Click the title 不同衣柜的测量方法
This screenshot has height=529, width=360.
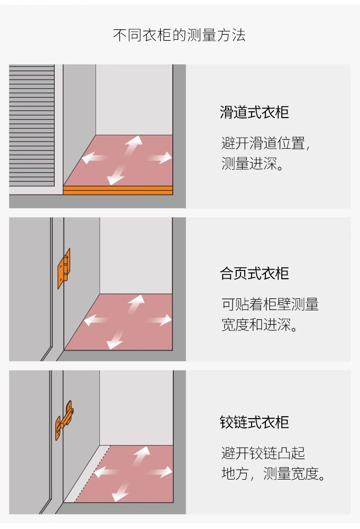tap(179, 35)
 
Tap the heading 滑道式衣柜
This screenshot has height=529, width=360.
tap(254, 113)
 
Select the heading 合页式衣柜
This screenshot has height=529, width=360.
tap(254, 273)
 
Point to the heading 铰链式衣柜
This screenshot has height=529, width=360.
tap(254, 423)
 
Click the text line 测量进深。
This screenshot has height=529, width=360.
tap(252, 165)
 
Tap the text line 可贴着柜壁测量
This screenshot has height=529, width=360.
tap(270, 304)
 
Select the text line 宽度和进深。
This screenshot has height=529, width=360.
tap(259, 325)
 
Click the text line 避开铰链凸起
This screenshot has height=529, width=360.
tap(263, 453)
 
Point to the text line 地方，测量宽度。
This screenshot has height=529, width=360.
tap(274, 474)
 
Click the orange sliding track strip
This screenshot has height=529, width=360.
tap(118, 190)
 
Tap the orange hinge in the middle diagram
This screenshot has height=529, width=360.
tap(64, 268)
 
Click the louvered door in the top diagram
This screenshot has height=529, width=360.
tap(32, 126)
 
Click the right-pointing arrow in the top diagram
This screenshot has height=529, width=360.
tap(160, 157)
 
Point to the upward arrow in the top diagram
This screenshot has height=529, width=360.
tap(133, 145)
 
